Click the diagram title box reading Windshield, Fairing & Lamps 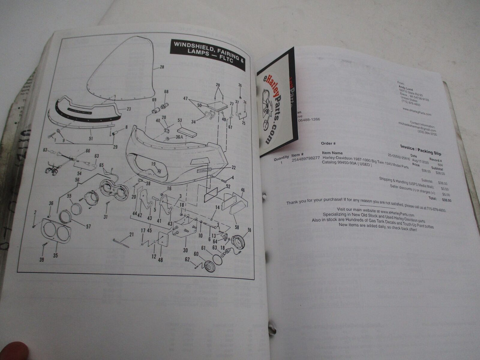click(207, 55)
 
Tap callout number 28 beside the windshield click(162, 67)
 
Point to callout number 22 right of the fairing click(234, 167)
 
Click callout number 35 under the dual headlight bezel click(55, 255)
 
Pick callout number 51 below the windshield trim click(91, 138)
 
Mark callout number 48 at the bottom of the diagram click(160, 260)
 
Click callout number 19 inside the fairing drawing click(153, 164)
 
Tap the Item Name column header click(333, 153)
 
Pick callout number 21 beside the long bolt click(131, 234)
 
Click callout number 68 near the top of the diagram click(166, 92)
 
